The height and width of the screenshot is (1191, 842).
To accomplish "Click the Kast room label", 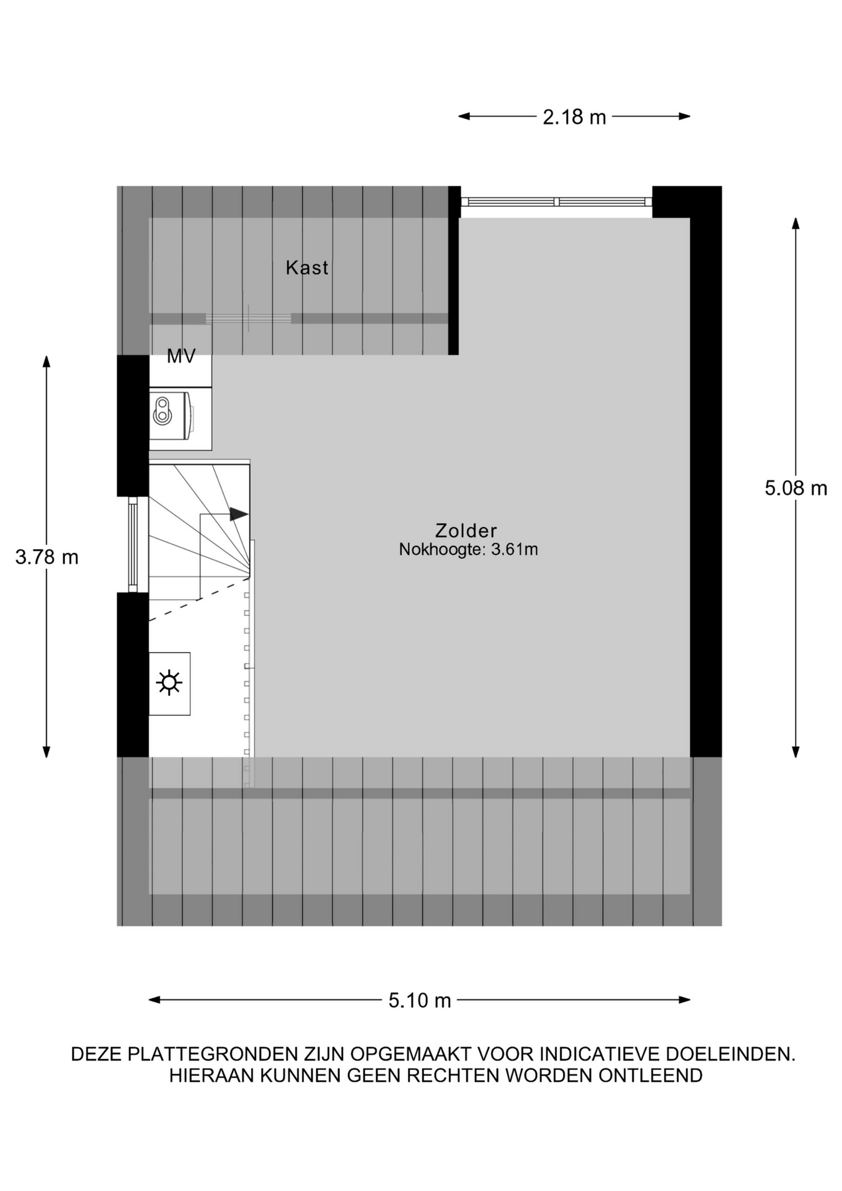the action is pyautogui.click(x=307, y=267).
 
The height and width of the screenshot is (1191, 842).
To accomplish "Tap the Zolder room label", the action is pyautogui.click(x=466, y=530).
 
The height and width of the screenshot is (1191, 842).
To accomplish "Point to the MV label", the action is pyautogui.click(x=181, y=356).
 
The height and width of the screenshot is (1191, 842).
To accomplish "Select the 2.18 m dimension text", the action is pyautogui.click(x=574, y=117).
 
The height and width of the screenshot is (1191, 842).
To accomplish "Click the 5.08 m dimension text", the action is pyautogui.click(x=795, y=488).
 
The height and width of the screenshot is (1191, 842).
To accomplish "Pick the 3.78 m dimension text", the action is pyautogui.click(x=47, y=557).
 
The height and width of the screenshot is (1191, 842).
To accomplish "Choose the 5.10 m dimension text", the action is pyautogui.click(x=420, y=1000).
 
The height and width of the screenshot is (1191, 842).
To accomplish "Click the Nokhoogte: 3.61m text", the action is pyautogui.click(x=468, y=550).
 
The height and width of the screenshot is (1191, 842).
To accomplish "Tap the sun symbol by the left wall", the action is pyautogui.click(x=169, y=683).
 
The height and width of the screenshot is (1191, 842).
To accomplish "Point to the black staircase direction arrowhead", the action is pyautogui.click(x=239, y=514).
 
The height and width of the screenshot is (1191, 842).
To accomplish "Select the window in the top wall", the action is pyautogui.click(x=556, y=202).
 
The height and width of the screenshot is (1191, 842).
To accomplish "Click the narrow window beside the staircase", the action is pyautogui.click(x=133, y=545).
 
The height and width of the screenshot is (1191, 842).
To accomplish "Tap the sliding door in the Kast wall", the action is pyautogui.click(x=248, y=318).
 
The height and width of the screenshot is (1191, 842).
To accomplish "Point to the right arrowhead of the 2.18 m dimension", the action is pyautogui.click(x=684, y=116).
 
